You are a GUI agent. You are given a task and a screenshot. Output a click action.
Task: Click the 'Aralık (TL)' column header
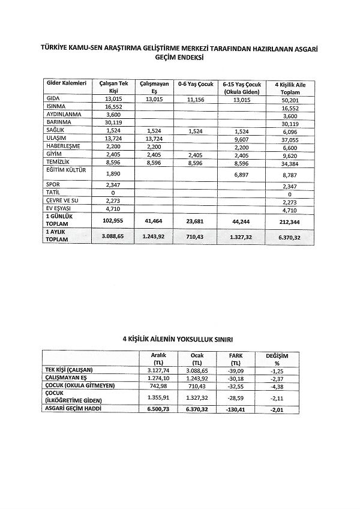click(159, 359)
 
